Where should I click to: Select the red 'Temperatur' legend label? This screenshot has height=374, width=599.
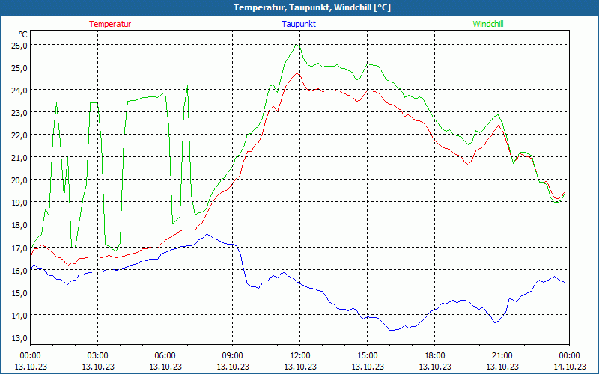(110, 24)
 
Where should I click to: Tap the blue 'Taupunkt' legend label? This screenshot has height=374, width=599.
(299, 24)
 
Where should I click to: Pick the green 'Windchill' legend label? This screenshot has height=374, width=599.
(488, 24)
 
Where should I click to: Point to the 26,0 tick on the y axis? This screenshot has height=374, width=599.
(19, 45)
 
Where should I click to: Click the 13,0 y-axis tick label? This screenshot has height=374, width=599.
(19, 337)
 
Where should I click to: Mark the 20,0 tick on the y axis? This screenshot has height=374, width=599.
(19, 180)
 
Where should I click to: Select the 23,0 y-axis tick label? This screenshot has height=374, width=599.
(19, 112)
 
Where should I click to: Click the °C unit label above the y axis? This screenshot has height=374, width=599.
(23, 34)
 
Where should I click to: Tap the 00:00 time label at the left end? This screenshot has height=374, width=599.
(30, 355)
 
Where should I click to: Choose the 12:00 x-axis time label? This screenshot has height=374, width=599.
(299, 355)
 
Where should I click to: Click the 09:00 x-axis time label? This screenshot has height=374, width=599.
(232, 355)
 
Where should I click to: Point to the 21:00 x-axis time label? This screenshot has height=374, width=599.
(502, 355)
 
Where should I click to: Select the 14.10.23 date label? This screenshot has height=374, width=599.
(569, 366)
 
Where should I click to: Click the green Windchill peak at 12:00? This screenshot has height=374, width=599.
(297, 44)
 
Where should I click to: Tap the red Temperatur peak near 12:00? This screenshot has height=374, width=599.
(297, 73)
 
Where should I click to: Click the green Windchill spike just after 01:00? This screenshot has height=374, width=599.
(56, 104)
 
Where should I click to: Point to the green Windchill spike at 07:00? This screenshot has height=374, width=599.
(188, 86)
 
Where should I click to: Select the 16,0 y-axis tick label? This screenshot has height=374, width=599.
(19, 269)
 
